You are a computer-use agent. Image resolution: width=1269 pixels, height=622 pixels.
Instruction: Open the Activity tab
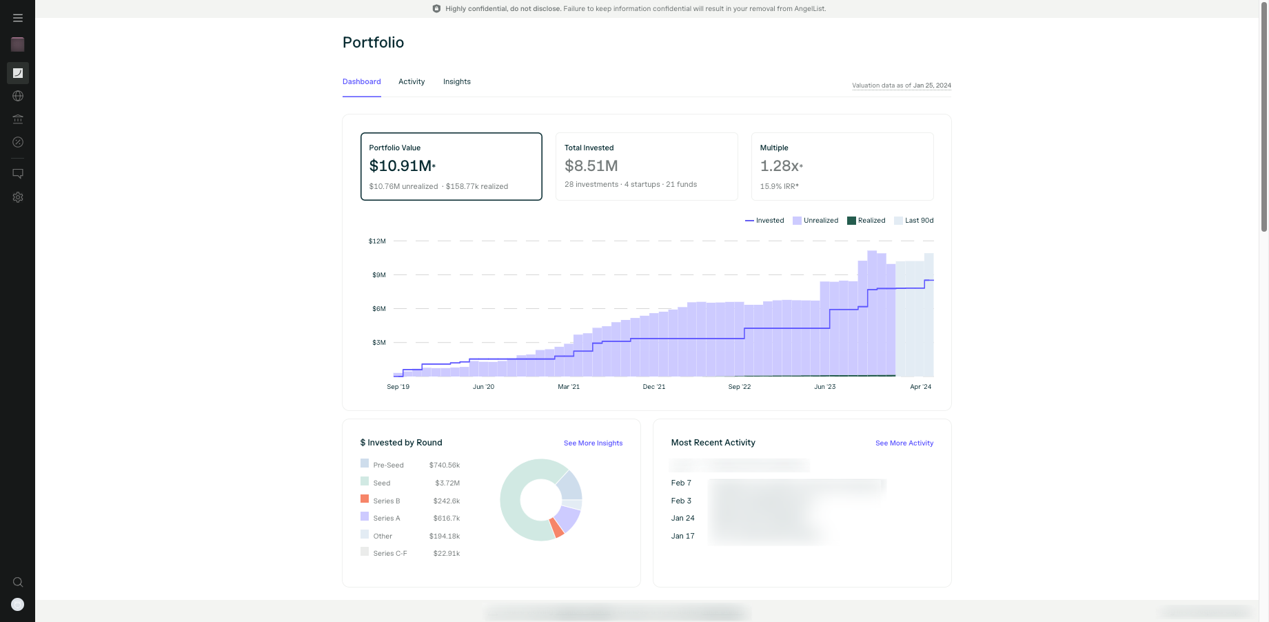pyautogui.click(x=412, y=81)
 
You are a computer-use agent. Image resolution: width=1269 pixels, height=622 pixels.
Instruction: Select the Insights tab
pyautogui.click(x=456, y=81)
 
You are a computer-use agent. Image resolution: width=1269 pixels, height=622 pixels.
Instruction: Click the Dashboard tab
pyautogui.click(x=361, y=81)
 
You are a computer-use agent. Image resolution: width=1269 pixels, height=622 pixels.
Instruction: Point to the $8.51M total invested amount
pyautogui.click(x=591, y=166)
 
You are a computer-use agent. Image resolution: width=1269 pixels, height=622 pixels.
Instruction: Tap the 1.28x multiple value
pyautogui.click(x=780, y=166)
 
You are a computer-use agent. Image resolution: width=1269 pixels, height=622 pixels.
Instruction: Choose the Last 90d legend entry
pyautogui.click(x=914, y=221)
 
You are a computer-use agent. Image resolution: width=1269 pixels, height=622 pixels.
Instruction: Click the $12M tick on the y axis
pyautogui.click(x=377, y=241)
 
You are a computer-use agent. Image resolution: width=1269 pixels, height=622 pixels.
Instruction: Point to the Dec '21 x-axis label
pyautogui.click(x=653, y=387)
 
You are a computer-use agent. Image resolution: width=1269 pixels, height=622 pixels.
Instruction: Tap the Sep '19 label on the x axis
pyautogui.click(x=398, y=387)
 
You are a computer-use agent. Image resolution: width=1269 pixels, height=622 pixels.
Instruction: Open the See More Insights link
pyautogui.click(x=593, y=443)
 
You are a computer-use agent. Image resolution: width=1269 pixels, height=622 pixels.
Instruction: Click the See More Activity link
pyautogui.click(x=904, y=443)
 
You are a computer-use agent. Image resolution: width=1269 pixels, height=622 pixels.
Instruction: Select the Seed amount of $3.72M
pyautogui.click(x=447, y=483)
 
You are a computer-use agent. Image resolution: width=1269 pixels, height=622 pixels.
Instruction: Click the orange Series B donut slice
pyautogui.click(x=557, y=528)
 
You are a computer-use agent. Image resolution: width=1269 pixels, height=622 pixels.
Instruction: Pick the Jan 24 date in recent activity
pyautogui.click(x=682, y=519)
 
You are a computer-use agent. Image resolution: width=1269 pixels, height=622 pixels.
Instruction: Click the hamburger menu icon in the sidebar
pyautogui.click(x=18, y=18)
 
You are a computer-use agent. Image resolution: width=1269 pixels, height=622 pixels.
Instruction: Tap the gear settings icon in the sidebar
pyautogui.click(x=18, y=197)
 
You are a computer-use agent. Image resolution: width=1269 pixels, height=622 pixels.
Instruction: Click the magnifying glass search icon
pyautogui.click(x=18, y=582)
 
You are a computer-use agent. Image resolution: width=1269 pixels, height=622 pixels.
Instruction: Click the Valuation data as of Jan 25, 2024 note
pyautogui.click(x=901, y=86)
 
